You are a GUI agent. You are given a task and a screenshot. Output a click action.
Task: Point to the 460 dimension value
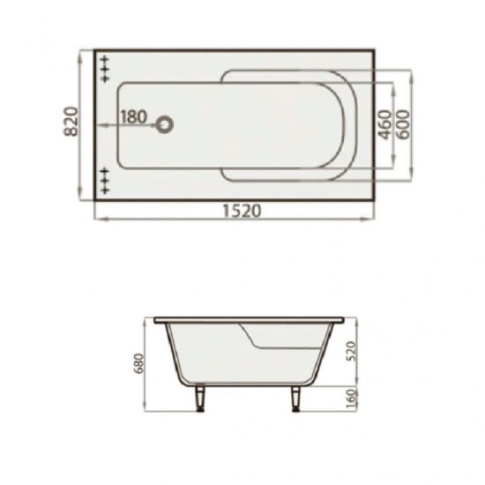click(x=384, y=126)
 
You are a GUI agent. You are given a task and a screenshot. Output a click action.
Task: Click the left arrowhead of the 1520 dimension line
click(x=97, y=220)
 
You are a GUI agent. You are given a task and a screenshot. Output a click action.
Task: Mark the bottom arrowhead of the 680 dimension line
click(x=144, y=410)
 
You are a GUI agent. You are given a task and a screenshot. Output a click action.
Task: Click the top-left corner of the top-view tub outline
click(x=95, y=49)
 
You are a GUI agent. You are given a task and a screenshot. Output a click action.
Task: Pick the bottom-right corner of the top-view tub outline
click(x=377, y=202)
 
